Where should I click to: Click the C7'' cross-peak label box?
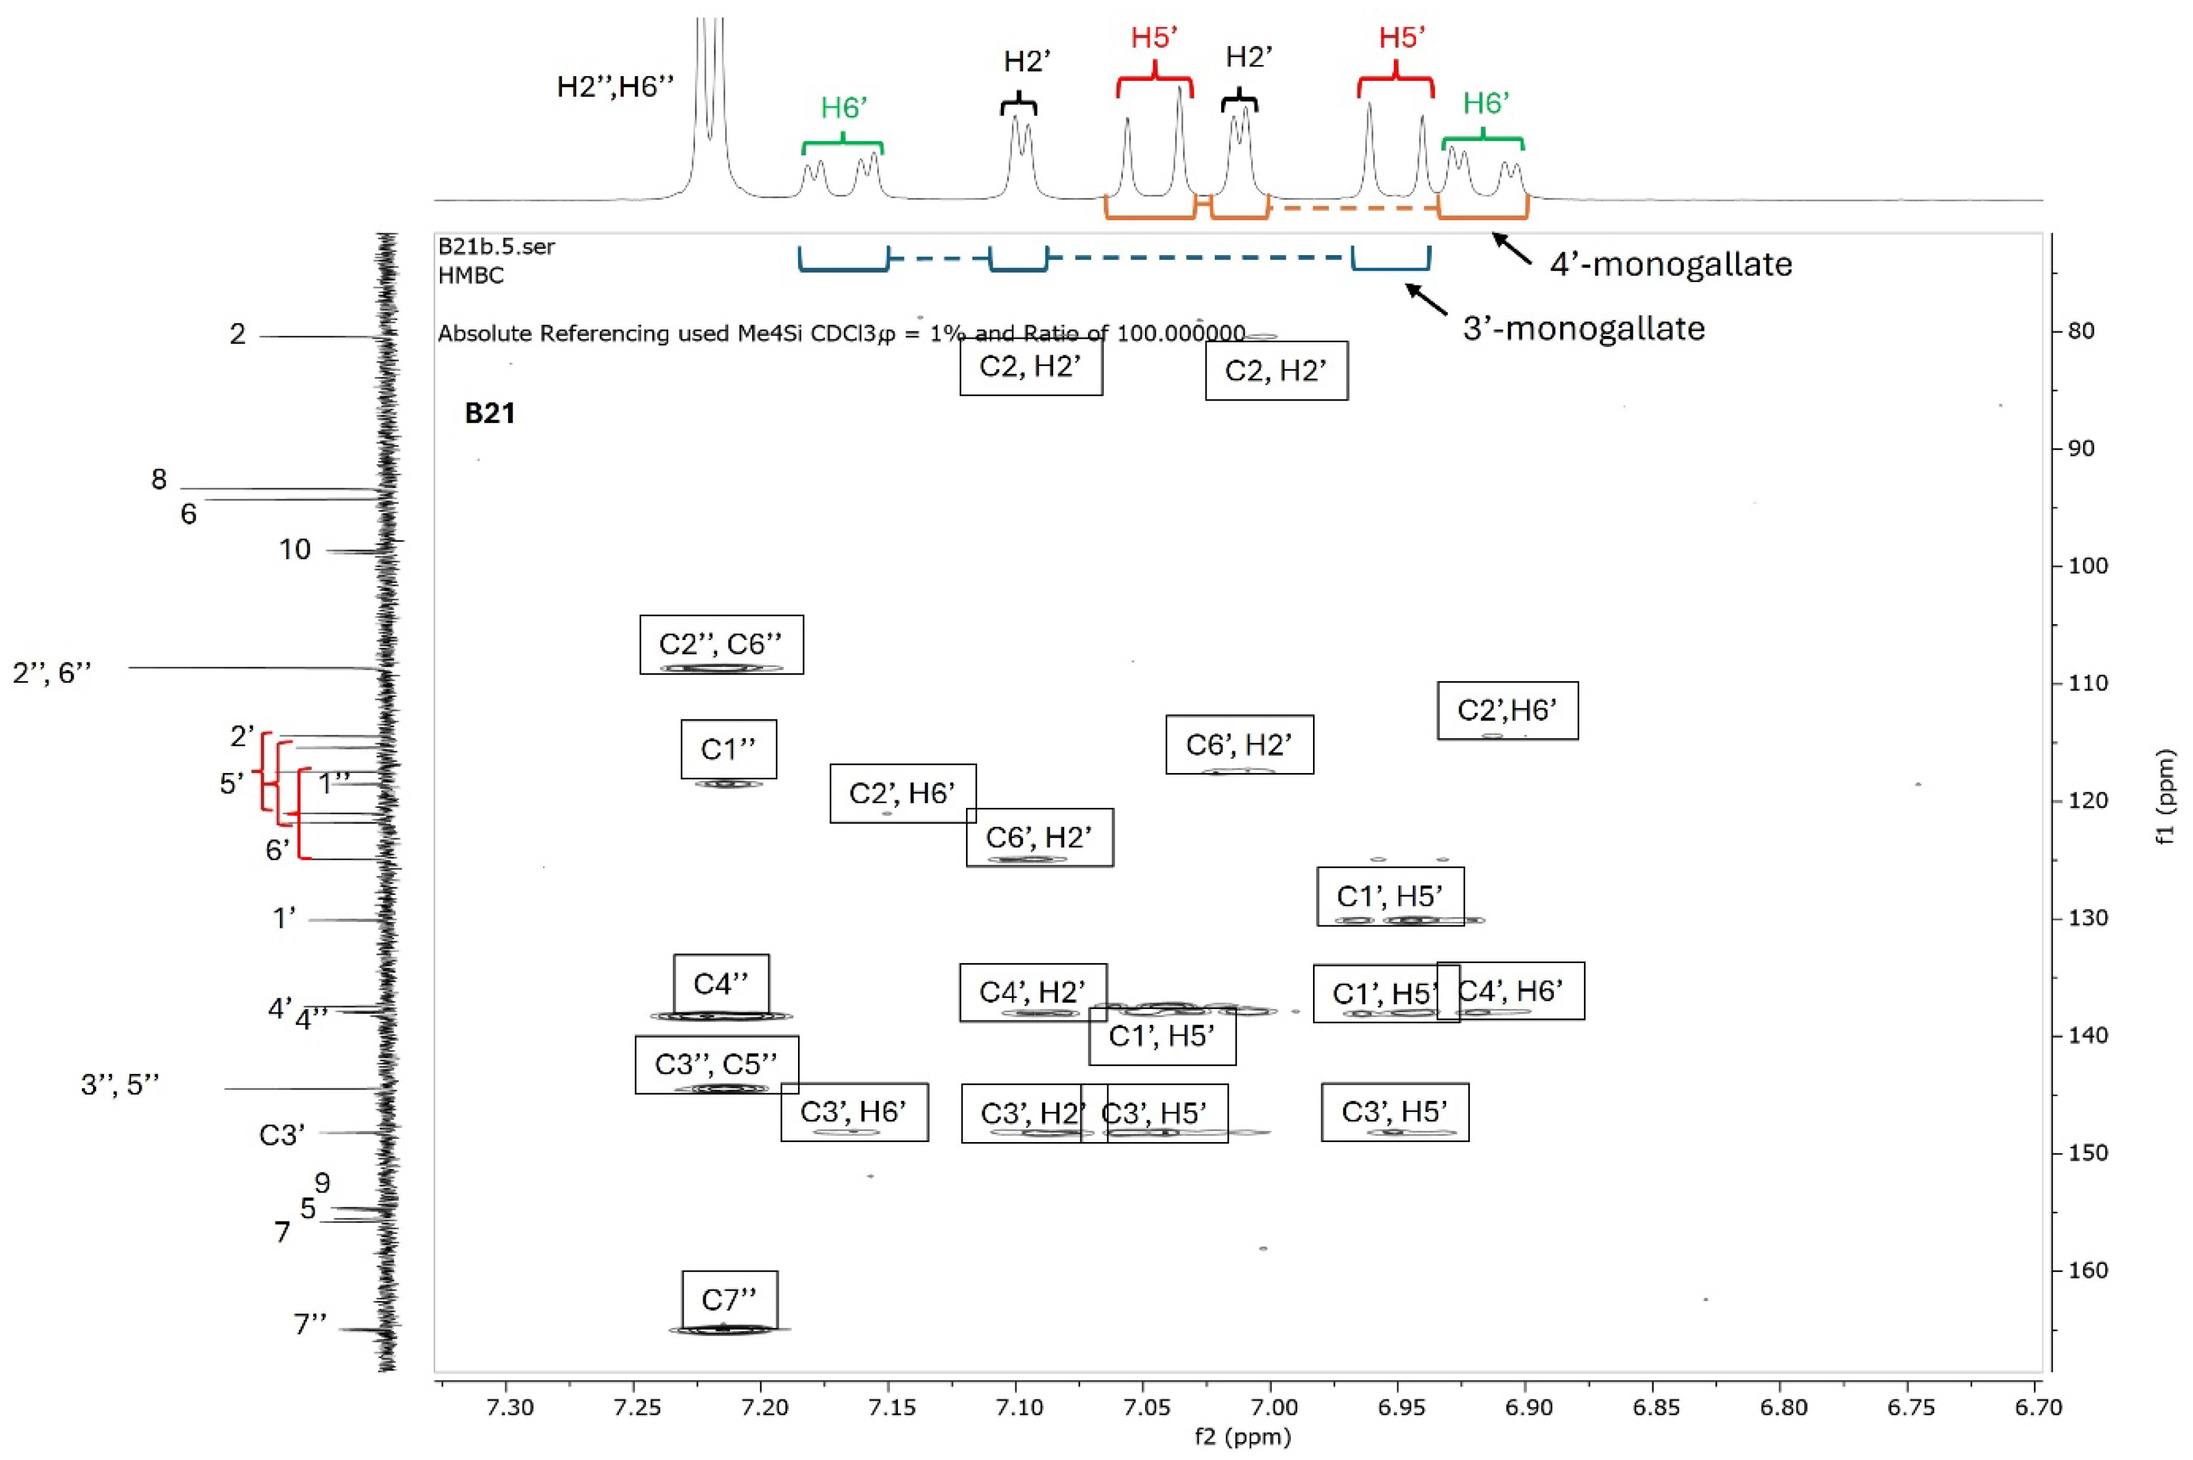pos(729,1299)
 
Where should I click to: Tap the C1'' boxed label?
pos(728,749)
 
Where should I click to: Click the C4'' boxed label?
pos(721,983)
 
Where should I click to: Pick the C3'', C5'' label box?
pos(716,1064)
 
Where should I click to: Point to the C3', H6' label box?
pos(854,1112)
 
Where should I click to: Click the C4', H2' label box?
pos(1033,992)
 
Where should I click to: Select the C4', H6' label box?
pos(1511,991)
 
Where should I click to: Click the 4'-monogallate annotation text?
pos(1670,264)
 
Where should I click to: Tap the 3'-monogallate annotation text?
pos(1583,329)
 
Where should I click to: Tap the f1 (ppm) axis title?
pos(2167,796)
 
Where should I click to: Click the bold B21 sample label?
pos(490,413)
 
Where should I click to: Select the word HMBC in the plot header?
pos(471,275)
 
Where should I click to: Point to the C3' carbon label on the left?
pos(282,1135)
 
